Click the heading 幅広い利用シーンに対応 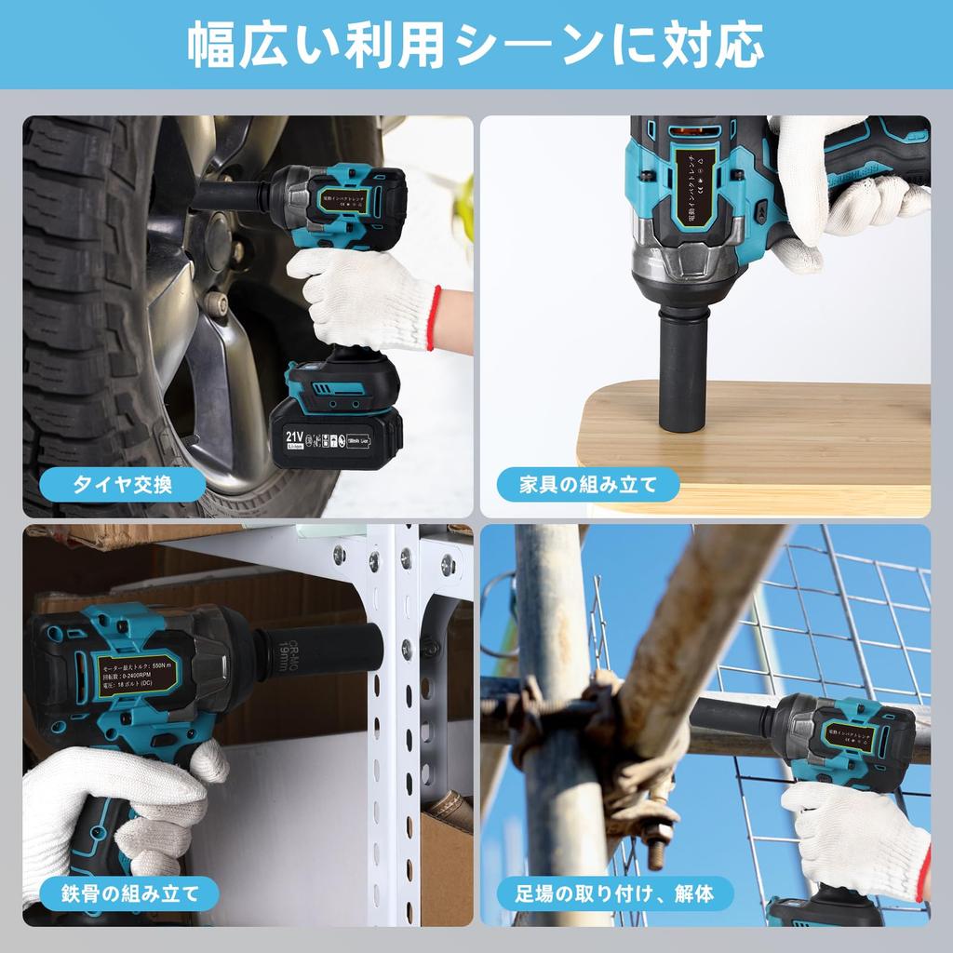[476, 45]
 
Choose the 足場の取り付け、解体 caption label [615, 895]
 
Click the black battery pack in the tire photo [337, 428]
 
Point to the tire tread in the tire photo [74, 279]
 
